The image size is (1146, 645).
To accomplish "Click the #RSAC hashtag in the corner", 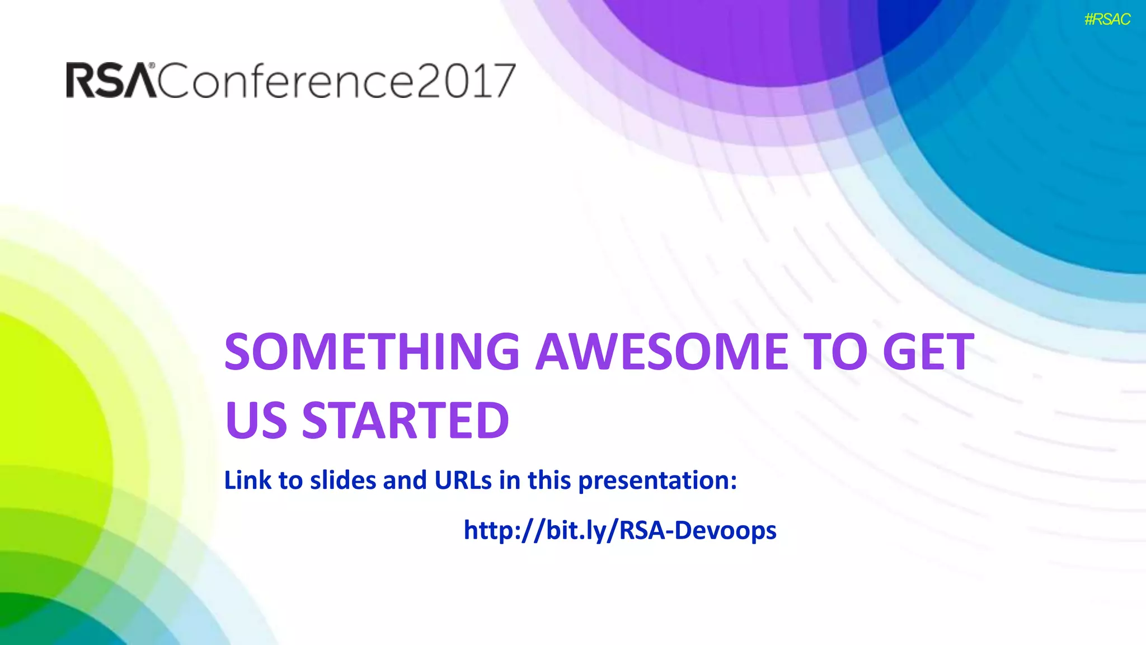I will (1107, 20).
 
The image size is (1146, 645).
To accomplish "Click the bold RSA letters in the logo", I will (111, 81).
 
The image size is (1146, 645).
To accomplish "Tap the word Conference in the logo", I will (285, 81).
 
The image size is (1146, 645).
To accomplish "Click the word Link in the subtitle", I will (247, 480).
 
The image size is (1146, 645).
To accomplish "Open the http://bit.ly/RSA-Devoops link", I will (620, 530).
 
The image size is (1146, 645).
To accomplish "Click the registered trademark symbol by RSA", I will (152, 66).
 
